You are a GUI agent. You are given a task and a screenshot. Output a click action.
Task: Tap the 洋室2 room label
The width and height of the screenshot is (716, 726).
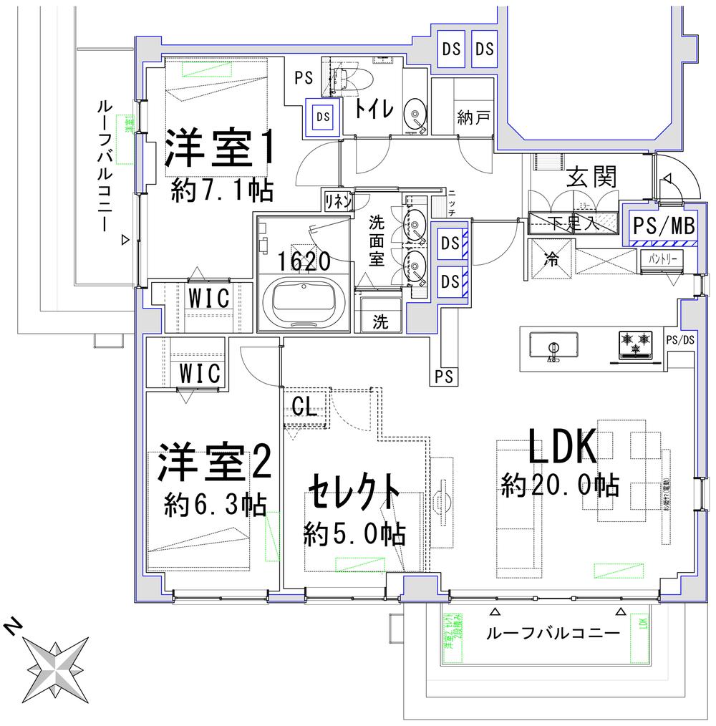[214, 465]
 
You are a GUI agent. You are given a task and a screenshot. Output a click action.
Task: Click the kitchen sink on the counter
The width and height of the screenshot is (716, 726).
[553, 346]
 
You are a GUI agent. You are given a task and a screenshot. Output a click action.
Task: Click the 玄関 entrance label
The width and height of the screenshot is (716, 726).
[591, 177]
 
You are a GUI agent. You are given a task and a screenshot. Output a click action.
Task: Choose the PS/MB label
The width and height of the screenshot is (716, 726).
[664, 226]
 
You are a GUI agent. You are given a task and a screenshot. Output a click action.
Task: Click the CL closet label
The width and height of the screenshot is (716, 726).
[304, 407]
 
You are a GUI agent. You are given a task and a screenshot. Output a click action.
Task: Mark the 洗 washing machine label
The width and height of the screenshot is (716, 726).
[379, 321]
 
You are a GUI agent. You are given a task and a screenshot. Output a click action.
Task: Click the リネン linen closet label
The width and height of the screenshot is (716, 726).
[337, 200]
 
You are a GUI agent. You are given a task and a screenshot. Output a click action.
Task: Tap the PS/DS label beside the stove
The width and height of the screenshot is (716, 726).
[679, 339]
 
